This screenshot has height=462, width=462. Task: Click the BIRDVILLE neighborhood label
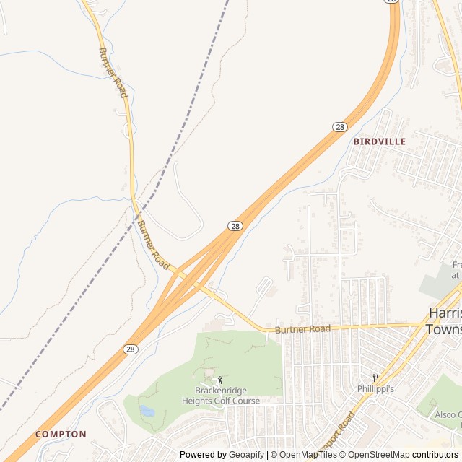(380, 141)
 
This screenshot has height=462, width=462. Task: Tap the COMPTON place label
(61, 435)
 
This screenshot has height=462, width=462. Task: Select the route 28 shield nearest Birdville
(340, 127)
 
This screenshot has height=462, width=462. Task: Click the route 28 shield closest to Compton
(130, 349)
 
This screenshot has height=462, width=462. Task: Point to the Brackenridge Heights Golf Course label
(221, 396)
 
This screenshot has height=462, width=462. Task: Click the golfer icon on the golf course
(220, 380)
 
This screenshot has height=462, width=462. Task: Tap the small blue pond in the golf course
(147, 411)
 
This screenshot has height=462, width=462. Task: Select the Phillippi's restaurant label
(375, 388)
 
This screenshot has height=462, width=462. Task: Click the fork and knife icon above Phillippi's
(375, 378)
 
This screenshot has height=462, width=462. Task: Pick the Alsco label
(448, 415)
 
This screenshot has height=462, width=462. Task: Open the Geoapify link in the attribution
(247, 455)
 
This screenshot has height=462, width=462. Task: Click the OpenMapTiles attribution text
(308, 455)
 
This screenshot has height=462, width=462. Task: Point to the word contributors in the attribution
(435, 455)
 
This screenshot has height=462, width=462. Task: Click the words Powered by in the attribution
(204, 455)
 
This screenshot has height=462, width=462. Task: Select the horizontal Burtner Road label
(302, 329)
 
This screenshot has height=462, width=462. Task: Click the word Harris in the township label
(445, 313)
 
